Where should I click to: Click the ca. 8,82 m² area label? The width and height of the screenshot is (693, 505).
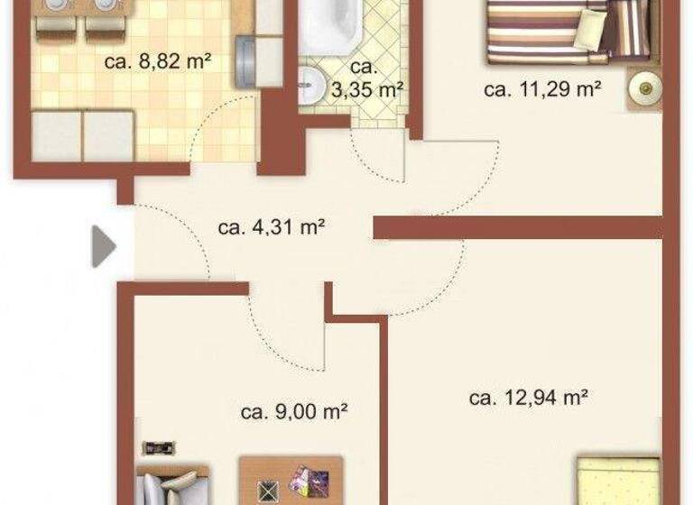pyautogui.click(x=157, y=61)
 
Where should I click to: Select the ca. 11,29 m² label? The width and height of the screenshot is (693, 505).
pyautogui.click(x=542, y=88)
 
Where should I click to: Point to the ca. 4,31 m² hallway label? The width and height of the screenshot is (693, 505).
pyautogui.click(x=271, y=226)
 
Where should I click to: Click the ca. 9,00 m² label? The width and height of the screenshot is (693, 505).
pyautogui.click(x=294, y=411)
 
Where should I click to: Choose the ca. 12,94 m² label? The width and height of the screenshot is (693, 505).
pyautogui.click(x=529, y=397)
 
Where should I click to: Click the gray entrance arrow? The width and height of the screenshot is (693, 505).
pyautogui.click(x=104, y=246)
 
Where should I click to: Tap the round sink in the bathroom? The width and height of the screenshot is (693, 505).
pyautogui.click(x=311, y=83)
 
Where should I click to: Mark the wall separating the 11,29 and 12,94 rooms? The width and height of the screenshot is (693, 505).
pyautogui.click(x=519, y=227)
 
